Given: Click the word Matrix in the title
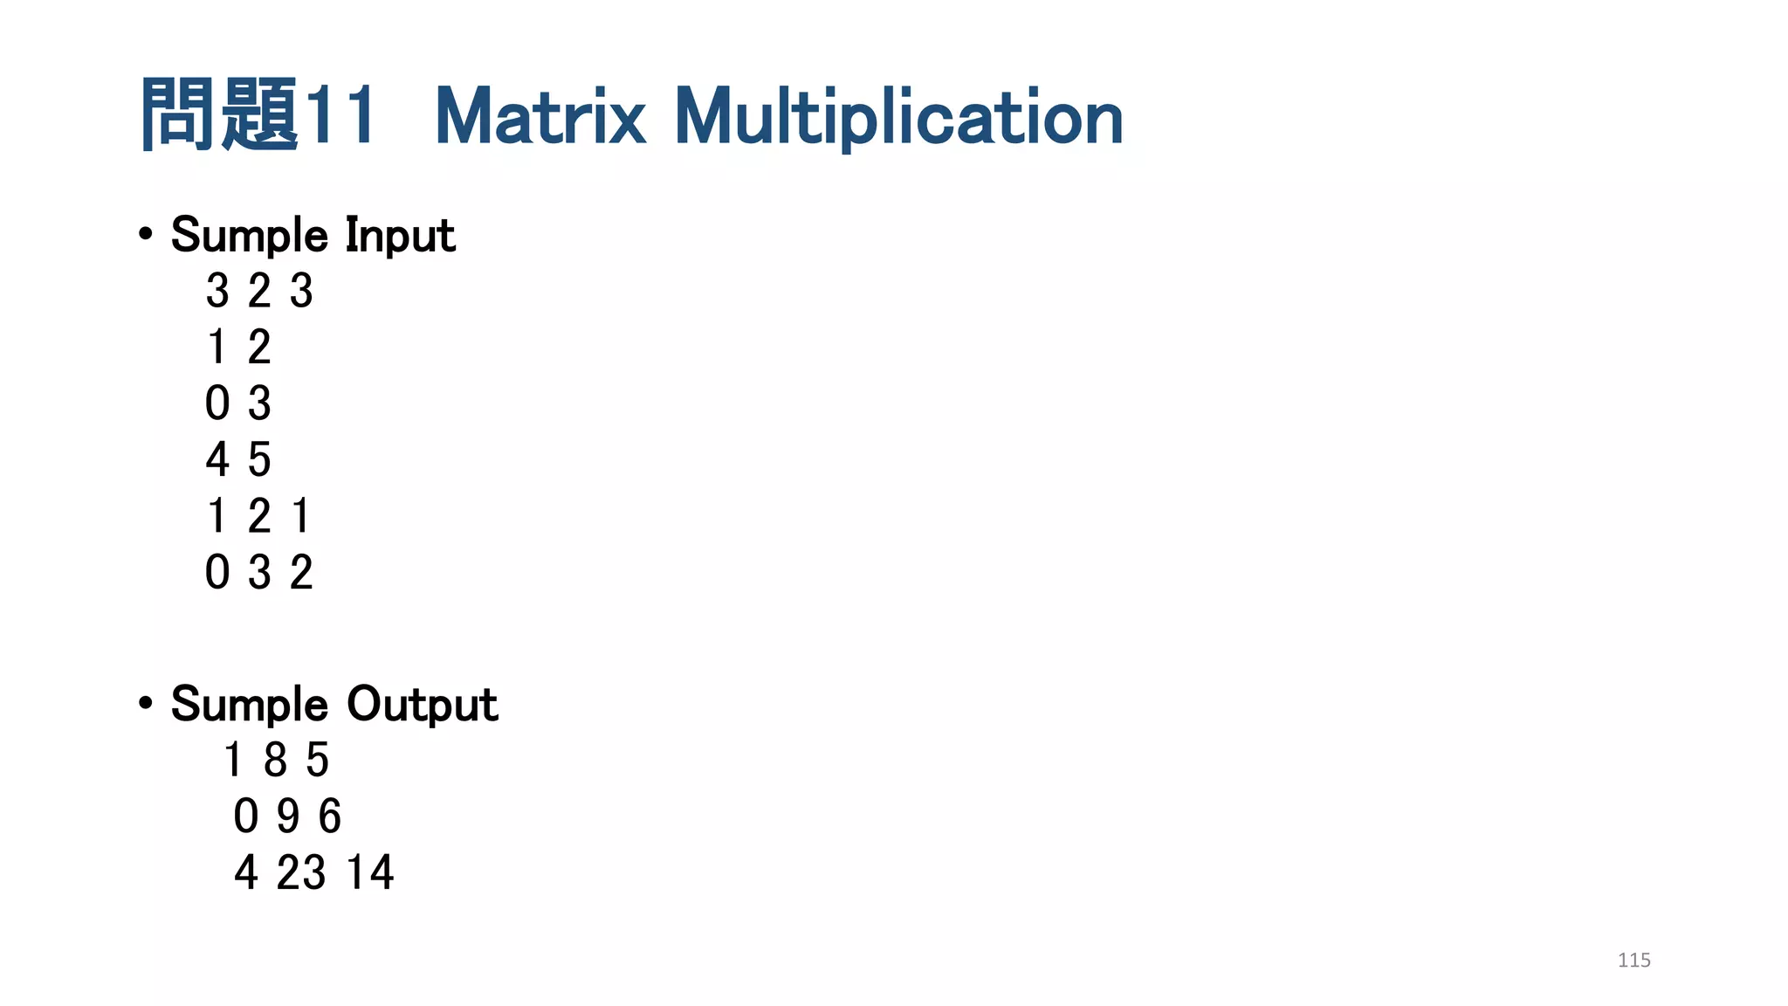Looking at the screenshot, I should click(540, 117).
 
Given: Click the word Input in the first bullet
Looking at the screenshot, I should click(400, 236).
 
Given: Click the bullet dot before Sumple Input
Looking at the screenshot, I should click(146, 234).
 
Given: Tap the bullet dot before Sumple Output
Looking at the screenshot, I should click(146, 703).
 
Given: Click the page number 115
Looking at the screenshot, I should click(1633, 961).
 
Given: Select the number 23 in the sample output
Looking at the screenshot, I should click(301, 872).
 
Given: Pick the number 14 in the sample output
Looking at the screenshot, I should click(370, 872).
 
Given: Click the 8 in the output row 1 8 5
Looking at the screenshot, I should click(275, 760).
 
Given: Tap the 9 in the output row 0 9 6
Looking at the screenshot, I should click(288, 817).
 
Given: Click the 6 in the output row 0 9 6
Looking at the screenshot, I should click(329, 817).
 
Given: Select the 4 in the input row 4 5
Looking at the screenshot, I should click(217, 459).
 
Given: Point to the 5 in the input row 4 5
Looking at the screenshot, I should click(259, 459).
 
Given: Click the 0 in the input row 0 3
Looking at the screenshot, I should click(217, 403).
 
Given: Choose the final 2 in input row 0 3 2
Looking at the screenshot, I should click(301, 573).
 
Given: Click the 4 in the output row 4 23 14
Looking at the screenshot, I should click(246, 872).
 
